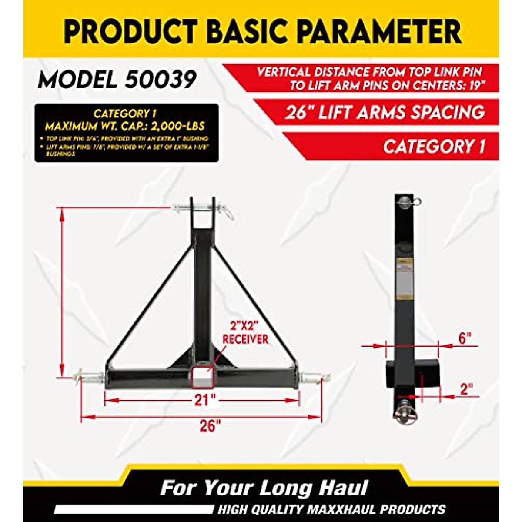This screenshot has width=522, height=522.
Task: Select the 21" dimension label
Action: pyautogui.click(x=202, y=399)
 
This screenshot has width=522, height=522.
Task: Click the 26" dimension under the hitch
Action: pyautogui.click(x=207, y=426)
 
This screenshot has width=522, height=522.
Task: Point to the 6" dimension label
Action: pyautogui.click(x=465, y=338)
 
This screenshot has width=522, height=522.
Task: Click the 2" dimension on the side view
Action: pyautogui.click(x=466, y=389)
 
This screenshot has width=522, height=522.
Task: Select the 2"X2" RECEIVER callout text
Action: pyautogui.click(x=245, y=332)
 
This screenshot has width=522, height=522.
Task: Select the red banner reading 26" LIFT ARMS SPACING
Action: pyautogui.click(x=385, y=113)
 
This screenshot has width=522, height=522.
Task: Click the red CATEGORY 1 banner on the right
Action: pyautogui.click(x=434, y=147)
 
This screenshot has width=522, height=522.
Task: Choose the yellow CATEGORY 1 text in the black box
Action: pyautogui.click(x=125, y=114)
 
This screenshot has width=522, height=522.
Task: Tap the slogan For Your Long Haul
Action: pyautogui.click(x=264, y=488)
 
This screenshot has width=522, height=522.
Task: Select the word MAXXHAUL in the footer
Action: pyautogui.click(x=365, y=509)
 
